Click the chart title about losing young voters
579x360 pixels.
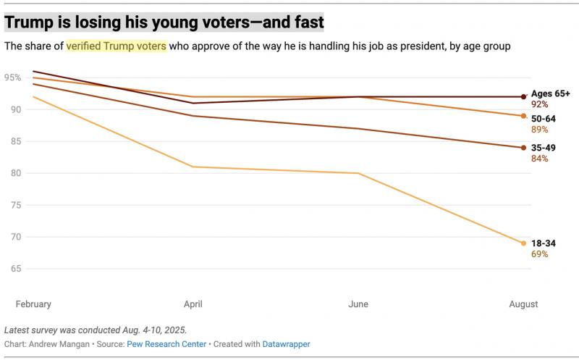tap(164, 22)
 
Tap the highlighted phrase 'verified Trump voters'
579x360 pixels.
tap(116, 46)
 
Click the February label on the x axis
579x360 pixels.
tap(33, 304)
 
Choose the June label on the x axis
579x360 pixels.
tap(358, 304)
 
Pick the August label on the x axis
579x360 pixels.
tap(523, 304)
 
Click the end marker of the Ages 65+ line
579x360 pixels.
tap(523, 96)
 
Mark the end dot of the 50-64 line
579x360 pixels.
tap(523, 116)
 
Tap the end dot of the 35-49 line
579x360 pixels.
tap(523, 148)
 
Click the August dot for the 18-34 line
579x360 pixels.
tap(523, 243)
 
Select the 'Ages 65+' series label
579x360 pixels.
tap(550, 93)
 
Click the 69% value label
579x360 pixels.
tap(539, 254)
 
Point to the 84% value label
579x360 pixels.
tap(539, 159)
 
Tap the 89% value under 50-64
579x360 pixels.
tap(539, 130)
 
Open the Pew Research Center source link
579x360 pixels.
tap(166, 344)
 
